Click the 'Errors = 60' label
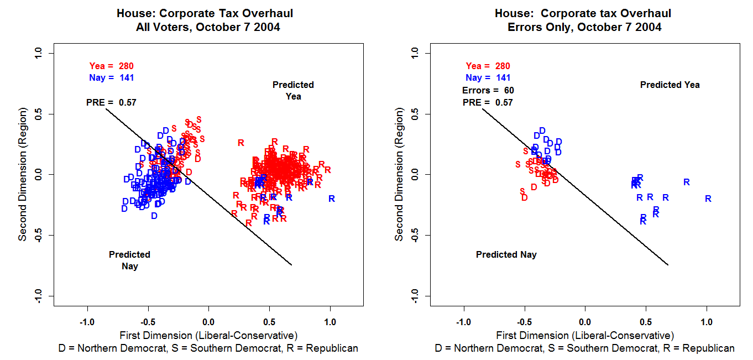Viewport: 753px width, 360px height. tap(488, 90)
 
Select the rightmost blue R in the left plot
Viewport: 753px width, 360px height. tap(332, 199)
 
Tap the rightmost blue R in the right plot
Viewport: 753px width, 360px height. tap(708, 199)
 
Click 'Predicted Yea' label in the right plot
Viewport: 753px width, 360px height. tap(670, 85)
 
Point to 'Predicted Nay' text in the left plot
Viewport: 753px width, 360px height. tap(129, 260)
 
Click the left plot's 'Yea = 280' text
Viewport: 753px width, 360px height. tap(111, 66)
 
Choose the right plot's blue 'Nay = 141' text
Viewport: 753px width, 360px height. tap(488, 78)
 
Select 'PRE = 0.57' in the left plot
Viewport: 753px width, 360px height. tap(111, 102)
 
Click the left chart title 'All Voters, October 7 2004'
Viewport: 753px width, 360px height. tap(208, 27)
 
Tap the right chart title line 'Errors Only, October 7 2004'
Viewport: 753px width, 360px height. tap(584, 27)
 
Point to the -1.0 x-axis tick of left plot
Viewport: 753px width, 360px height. tap(87, 322)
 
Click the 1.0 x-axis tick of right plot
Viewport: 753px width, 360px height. tap(707, 322)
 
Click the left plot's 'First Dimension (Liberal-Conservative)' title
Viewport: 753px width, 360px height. tap(208, 335)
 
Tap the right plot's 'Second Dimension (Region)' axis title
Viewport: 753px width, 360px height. tap(399, 175)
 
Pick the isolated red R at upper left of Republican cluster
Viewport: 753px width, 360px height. tap(241, 143)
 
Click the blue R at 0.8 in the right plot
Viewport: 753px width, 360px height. tap(687, 182)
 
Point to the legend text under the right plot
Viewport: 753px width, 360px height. tap(584, 348)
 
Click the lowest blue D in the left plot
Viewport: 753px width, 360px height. tap(154, 216)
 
